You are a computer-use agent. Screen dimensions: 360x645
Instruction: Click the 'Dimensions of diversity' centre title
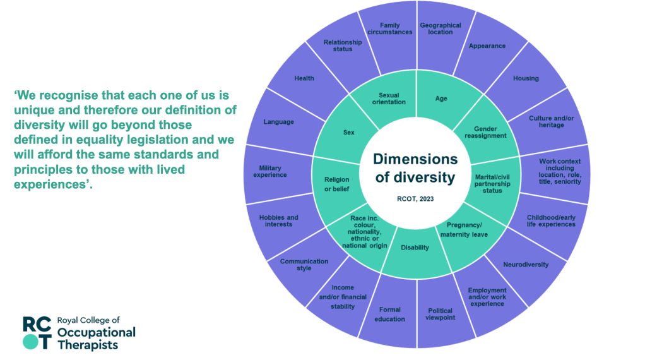click(x=415, y=168)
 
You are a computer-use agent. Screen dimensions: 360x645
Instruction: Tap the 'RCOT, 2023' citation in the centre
click(x=416, y=198)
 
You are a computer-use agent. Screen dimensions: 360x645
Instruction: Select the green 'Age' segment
click(x=442, y=99)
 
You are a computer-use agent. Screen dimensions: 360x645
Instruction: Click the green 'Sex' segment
click(x=348, y=133)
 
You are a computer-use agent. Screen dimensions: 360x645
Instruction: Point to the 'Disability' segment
click(x=415, y=248)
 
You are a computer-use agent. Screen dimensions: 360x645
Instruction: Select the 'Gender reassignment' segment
click(x=485, y=131)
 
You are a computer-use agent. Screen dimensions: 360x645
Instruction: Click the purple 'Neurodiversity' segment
click(x=526, y=265)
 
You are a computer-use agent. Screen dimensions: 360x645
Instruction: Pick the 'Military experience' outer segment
click(x=273, y=171)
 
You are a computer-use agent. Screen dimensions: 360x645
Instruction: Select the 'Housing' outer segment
click(x=526, y=78)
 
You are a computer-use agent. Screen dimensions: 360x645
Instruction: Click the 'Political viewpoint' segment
click(x=441, y=314)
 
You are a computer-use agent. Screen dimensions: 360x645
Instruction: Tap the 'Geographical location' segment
click(x=441, y=28)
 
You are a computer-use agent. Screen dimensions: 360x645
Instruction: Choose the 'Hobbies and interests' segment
click(x=278, y=220)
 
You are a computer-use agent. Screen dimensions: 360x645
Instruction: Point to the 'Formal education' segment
click(x=390, y=314)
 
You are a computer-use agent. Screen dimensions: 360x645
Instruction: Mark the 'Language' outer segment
click(x=279, y=121)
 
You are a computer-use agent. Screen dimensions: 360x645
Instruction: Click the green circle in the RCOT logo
click(x=30, y=341)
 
